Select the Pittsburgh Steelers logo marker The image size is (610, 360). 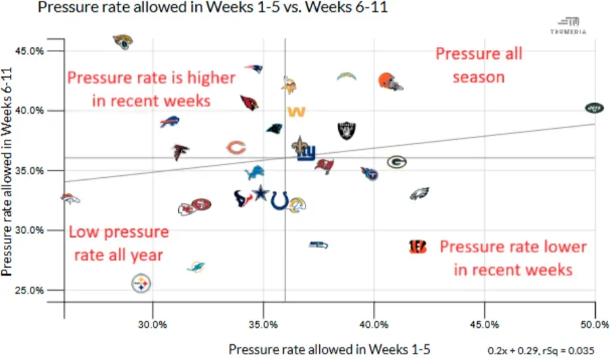point(140,284)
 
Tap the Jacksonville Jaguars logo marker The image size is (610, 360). point(122,41)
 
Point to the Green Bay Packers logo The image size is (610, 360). point(396,162)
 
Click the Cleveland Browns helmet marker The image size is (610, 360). point(390,82)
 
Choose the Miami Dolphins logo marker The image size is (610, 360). point(195,267)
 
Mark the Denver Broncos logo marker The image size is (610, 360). point(70,198)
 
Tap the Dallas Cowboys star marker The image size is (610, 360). point(262,195)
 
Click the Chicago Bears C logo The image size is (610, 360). point(236,147)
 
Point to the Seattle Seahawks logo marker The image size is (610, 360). point(318,245)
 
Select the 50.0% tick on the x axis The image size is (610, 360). point(594,323)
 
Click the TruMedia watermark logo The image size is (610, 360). point(568,24)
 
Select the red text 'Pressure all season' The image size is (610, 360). point(478,65)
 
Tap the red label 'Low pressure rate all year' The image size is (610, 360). point(118,244)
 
